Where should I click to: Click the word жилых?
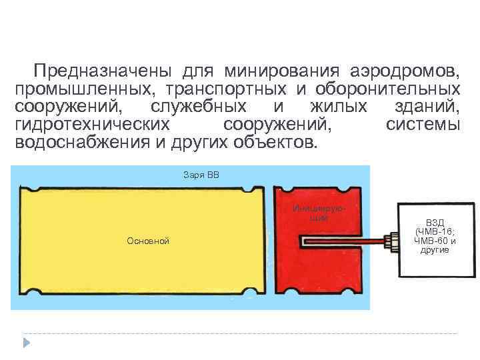click(339, 107)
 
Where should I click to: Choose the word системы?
click(423, 125)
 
